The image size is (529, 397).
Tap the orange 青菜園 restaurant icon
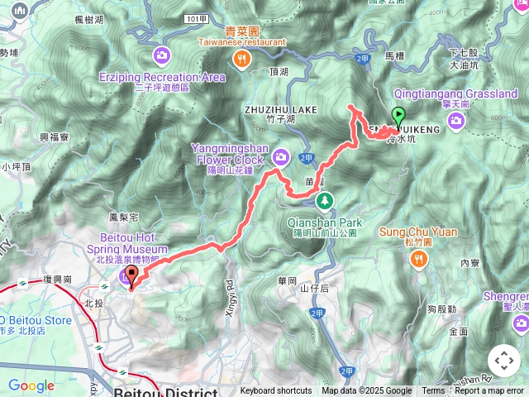pos(241,57)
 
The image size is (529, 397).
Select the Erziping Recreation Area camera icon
pos(161,57)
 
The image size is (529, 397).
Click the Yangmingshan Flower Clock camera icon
pos(282,155)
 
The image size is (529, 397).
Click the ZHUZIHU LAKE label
pos(280,108)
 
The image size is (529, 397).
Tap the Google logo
pos(31,385)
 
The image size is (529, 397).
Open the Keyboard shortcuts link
pos(276,391)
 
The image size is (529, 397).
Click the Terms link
pos(433,391)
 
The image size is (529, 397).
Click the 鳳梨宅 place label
pos(122,217)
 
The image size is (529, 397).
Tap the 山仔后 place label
pos(314,288)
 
